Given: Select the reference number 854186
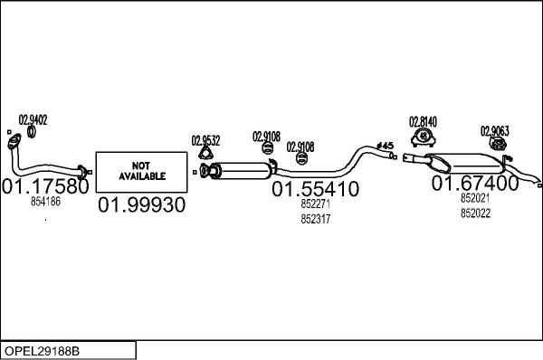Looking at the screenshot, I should (45, 202).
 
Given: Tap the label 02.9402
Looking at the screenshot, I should (33, 118).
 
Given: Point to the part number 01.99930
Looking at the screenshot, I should (141, 204).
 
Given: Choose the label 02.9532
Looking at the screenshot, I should (205, 140).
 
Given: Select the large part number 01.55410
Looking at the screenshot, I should (316, 189).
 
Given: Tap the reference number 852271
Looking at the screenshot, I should (316, 204).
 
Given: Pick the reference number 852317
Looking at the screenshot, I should (316, 218).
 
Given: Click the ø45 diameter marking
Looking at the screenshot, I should (385, 146).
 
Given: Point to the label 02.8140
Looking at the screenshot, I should (423, 121).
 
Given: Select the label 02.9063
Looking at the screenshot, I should (494, 129).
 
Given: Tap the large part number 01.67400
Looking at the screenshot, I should (474, 183).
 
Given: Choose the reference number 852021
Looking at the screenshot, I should (474, 198).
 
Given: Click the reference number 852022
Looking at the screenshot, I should (474, 213).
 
